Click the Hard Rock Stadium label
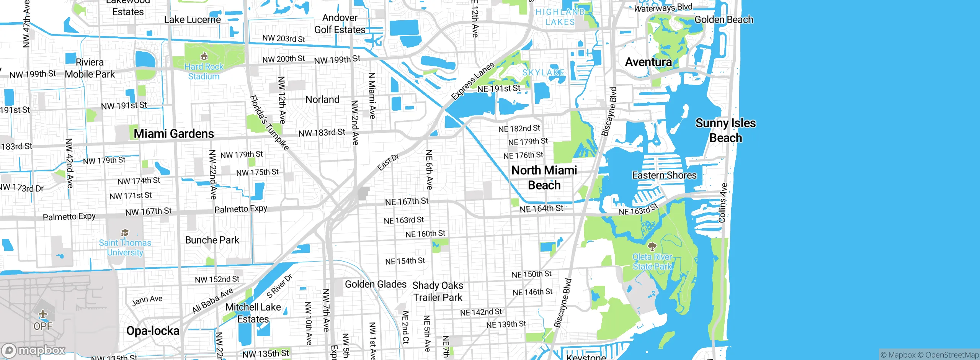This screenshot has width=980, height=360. [204, 72]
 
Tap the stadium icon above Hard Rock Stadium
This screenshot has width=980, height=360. [204, 57]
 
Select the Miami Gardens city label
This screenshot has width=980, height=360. [174, 134]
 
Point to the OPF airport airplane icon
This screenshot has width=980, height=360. [43, 314]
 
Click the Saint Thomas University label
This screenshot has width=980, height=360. [125, 247]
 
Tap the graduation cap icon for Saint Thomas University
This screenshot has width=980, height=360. [125, 233]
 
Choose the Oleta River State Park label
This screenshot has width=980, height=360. [652, 262]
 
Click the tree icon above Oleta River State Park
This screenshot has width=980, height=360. [652, 246]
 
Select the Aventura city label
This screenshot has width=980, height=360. [648, 62]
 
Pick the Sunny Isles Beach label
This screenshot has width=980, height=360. [725, 130]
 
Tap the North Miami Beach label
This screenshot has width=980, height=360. [544, 177]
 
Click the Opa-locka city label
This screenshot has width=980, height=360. [153, 331]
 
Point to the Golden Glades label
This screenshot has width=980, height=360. [376, 284]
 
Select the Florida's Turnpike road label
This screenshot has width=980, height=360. [269, 123]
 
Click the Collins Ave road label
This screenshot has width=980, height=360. [723, 203]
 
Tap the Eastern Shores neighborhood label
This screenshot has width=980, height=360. [664, 175]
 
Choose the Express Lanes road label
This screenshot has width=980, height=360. [473, 81]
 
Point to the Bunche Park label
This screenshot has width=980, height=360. [212, 240]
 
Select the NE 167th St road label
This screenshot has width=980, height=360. [407, 201]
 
